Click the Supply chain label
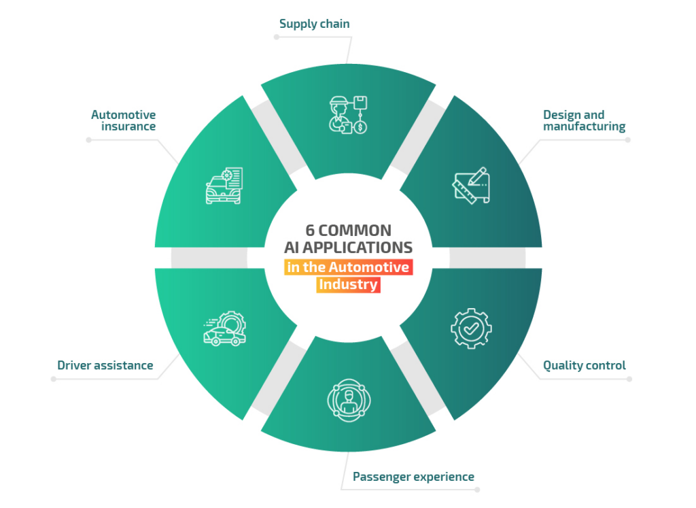314,24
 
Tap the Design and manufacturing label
584,120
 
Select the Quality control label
584,365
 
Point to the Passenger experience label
413,476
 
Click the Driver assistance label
105,365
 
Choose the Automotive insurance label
124,120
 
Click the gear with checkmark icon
470,328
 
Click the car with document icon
224,186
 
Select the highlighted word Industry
348,284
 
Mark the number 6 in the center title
310,231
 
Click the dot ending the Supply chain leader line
276,37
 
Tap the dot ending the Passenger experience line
477,489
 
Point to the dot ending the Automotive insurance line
88,140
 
